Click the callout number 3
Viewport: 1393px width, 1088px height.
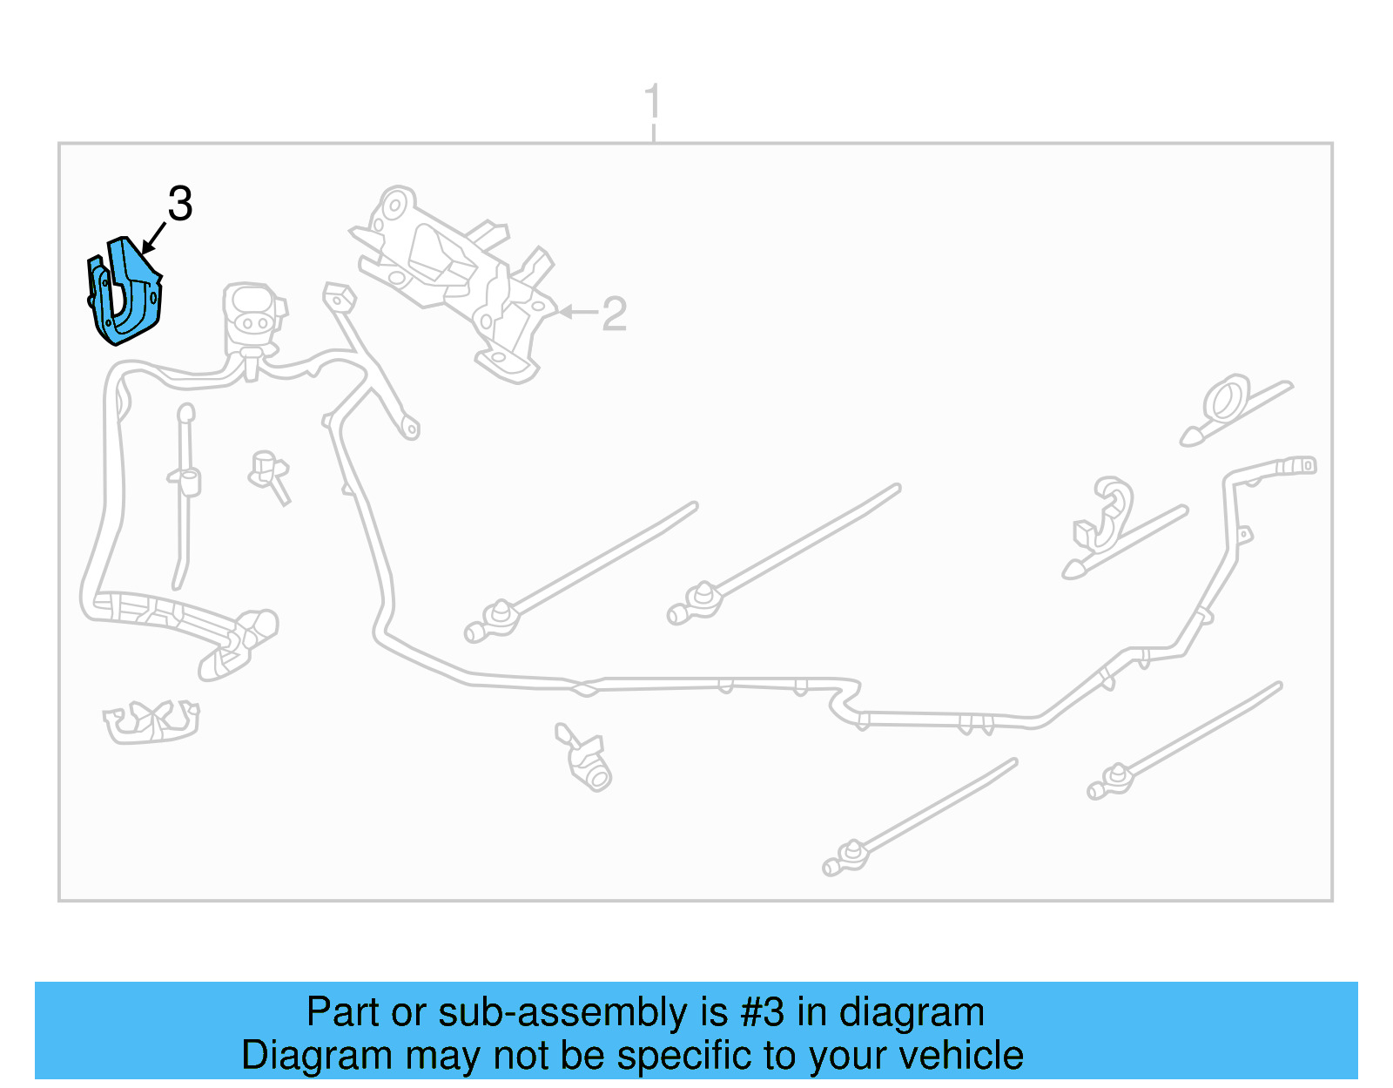point(179,204)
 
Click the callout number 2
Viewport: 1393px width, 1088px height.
point(614,314)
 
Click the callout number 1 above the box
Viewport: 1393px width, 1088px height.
point(652,103)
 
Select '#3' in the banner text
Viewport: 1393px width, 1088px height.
point(762,1013)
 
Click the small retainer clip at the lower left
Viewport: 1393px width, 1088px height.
point(151,721)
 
